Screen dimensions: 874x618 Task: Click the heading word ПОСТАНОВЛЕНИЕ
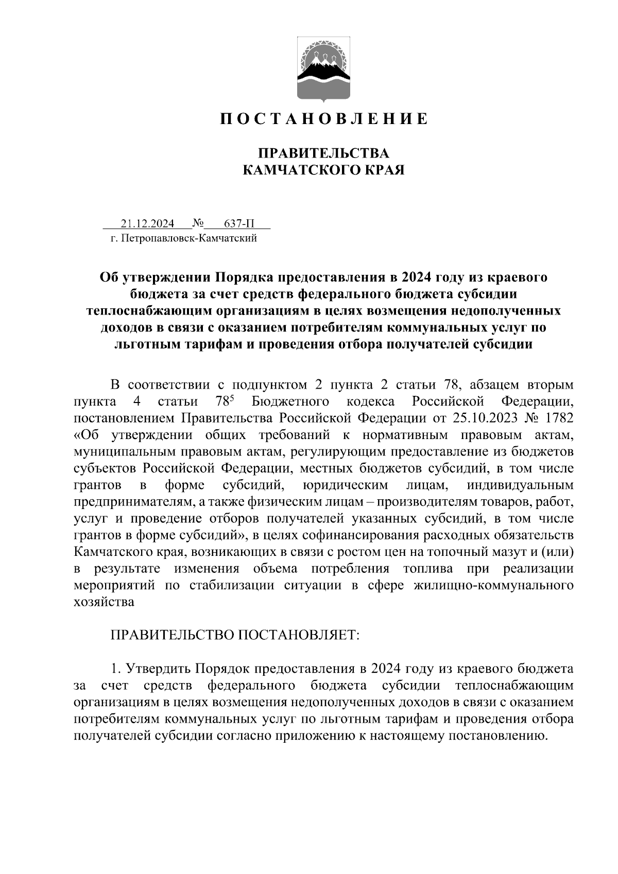pyautogui.click(x=324, y=119)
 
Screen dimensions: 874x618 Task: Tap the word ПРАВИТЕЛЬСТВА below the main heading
pyautogui.click(x=323, y=153)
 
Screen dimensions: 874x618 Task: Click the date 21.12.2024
pyautogui.click(x=148, y=223)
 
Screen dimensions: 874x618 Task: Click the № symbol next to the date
pyautogui.click(x=198, y=223)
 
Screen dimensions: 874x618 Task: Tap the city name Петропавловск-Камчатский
pyautogui.click(x=189, y=238)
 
